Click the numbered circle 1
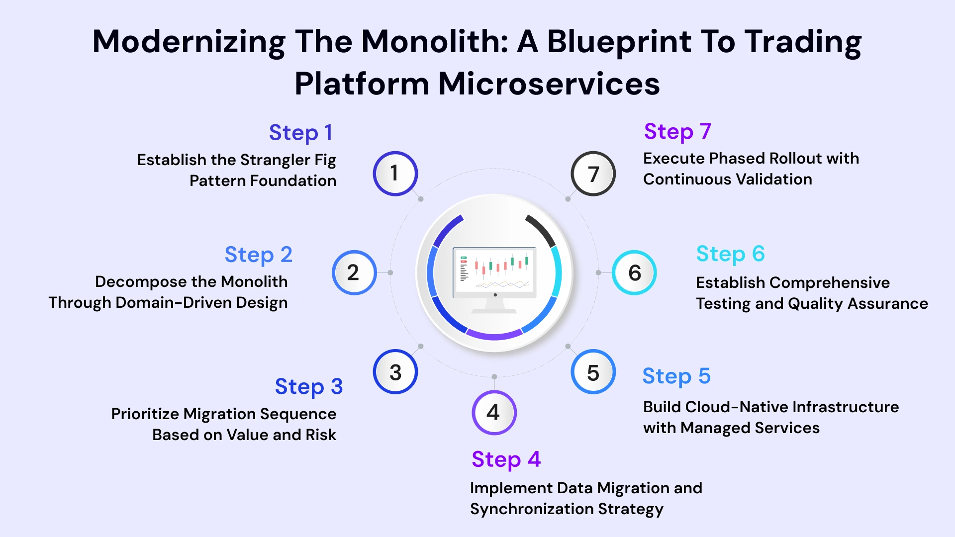(x=395, y=174)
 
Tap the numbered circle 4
(x=494, y=413)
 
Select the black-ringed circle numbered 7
(x=593, y=174)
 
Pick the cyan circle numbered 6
(x=634, y=272)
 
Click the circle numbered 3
(x=395, y=372)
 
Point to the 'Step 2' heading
(x=258, y=255)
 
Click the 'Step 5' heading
(x=676, y=376)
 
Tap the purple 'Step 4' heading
(x=506, y=459)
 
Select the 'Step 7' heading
(x=677, y=132)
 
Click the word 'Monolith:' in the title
(x=434, y=41)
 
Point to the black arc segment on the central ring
(x=542, y=229)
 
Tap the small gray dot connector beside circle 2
(x=390, y=272)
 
